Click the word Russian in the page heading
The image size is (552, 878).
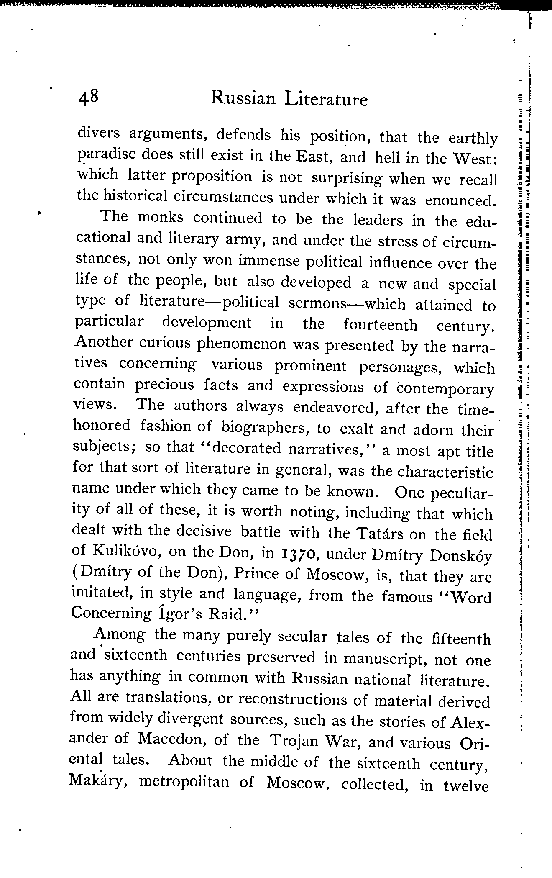pos(243,99)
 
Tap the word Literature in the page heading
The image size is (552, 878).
pos(326,100)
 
